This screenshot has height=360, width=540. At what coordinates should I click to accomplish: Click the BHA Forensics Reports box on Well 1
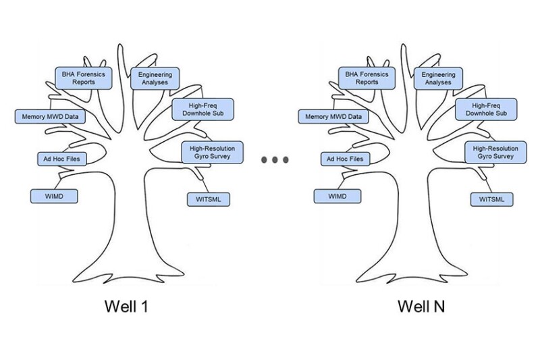pyautogui.click(x=84, y=77)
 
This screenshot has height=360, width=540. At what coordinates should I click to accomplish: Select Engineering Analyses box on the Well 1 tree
pyautogui.click(x=155, y=78)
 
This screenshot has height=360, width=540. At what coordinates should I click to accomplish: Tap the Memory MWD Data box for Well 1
pyautogui.click(x=49, y=116)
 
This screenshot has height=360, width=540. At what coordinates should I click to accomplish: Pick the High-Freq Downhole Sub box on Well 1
pyautogui.click(x=202, y=109)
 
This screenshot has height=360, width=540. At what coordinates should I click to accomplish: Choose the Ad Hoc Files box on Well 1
pyautogui.click(x=61, y=159)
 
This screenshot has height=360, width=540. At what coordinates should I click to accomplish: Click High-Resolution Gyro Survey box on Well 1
pyautogui.click(x=212, y=152)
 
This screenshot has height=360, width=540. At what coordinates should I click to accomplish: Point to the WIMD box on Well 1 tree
pyautogui.click(x=54, y=196)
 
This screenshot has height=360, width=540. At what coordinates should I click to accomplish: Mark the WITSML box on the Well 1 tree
pyautogui.click(x=208, y=199)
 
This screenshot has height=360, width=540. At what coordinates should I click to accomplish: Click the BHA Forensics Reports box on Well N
pyautogui.click(x=367, y=77)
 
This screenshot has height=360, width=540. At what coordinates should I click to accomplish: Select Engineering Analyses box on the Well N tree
pyautogui.click(x=438, y=78)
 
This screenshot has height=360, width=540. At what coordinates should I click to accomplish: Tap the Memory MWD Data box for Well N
pyautogui.click(x=333, y=116)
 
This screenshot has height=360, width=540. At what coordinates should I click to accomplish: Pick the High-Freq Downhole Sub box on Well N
pyautogui.click(x=486, y=109)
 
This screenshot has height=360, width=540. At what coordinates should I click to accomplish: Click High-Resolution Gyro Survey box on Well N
pyautogui.click(x=495, y=152)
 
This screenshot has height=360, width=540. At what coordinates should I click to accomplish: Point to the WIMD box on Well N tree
pyautogui.click(x=337, y=196)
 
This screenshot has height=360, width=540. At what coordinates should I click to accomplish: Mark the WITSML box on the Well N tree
pyautogui.click(x=491, y=199)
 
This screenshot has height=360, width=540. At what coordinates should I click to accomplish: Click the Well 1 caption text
pyautogui.click(x=126, y=306)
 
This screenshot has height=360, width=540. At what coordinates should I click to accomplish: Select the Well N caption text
pyautogui.click(x=421, y=306)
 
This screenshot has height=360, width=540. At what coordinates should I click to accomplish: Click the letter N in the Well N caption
pyautogui.click(x=439, y=306)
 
